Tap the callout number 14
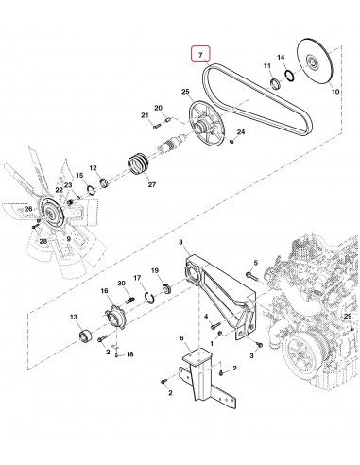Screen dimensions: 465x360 (x=281, y=58)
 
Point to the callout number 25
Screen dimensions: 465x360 (x=186, y=91)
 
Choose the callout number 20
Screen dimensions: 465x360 (x=159, y=108)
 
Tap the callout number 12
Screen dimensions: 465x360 (x=93, y=167)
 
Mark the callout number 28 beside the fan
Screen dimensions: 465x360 (x=43, y=242)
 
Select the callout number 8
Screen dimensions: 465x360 (x=180, y=244)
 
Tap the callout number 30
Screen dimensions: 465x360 (x=121, y=284)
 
